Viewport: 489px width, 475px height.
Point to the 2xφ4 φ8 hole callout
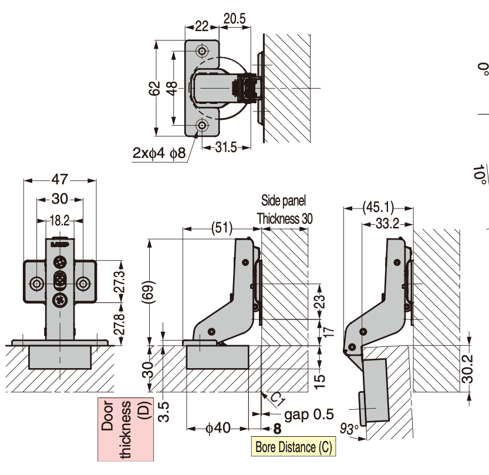(x=158, y=153)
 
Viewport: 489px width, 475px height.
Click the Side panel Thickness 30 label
(x=284, y=210)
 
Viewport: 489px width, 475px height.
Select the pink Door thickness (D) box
(x=125, y=429)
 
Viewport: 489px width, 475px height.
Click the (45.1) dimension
(x=378, y=207)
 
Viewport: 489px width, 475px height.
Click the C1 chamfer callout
(x=277, y=400)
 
